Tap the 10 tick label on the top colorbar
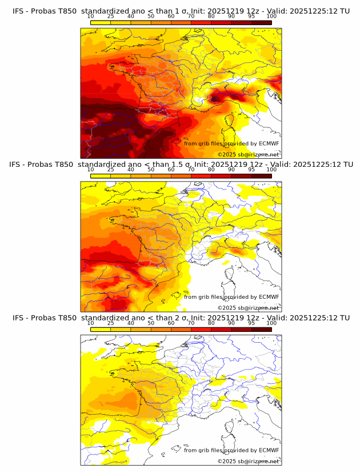pos(90,17)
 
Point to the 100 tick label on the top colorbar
pos(271,17)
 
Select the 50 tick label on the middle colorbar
pos(151,170)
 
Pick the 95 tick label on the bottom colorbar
pos(251,323)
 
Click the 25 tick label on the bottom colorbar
pos(110,323)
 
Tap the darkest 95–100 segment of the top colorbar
pos(262,23)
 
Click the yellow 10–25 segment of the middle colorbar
pos(101,176)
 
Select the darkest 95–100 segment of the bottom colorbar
pos(262,330)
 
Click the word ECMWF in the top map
pos(269,143)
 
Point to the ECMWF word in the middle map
pos(269,296)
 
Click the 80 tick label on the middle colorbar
pos(211,170)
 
